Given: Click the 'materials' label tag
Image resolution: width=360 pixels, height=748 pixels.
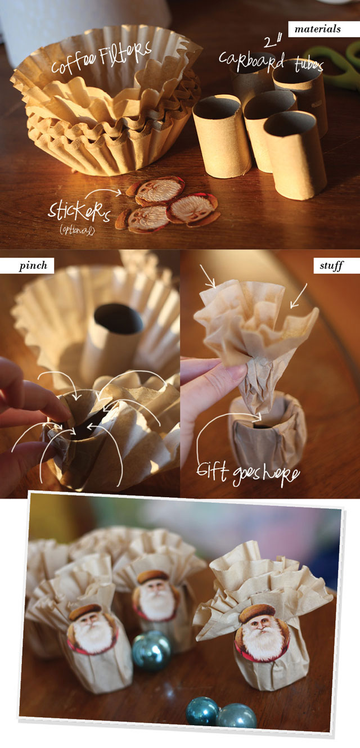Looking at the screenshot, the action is point(323,29).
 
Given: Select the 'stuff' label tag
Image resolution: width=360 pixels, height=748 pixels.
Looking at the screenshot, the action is point(336,266).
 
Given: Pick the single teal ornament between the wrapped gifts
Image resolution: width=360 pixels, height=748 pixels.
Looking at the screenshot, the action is point(152,652).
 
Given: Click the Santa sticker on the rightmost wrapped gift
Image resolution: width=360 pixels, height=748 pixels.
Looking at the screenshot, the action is point(262,634).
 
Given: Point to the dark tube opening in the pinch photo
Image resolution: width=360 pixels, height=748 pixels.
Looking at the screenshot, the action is point(119,318).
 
